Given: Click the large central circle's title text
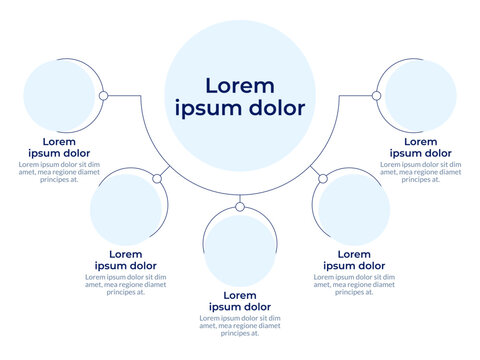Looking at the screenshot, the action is (x=240, y=96).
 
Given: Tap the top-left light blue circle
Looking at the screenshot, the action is (x=58, y=95).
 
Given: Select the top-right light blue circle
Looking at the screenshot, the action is (x=420, y=95).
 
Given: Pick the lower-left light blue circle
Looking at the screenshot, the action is (x=126, y=210).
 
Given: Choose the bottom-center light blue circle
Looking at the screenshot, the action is (x=240, y=249).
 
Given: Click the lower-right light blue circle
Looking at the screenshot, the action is (x=354, y=210).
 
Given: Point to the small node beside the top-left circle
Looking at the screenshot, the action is (x=103, y=96).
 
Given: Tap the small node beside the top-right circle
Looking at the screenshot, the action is (x=376, y=96).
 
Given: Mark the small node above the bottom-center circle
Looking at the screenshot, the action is (x=240, y=207).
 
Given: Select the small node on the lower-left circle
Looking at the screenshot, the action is (x=157, y=179).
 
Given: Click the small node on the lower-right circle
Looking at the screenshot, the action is (x=323, y=179).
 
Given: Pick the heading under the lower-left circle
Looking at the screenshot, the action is (x=126, y=260).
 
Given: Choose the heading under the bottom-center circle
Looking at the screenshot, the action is (x=240, y=301).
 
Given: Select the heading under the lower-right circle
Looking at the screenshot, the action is (x=354, y=260).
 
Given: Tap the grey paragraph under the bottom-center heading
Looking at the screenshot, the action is (x=240, y=326).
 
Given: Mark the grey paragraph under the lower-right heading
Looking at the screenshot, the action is (x=354, y=284).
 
